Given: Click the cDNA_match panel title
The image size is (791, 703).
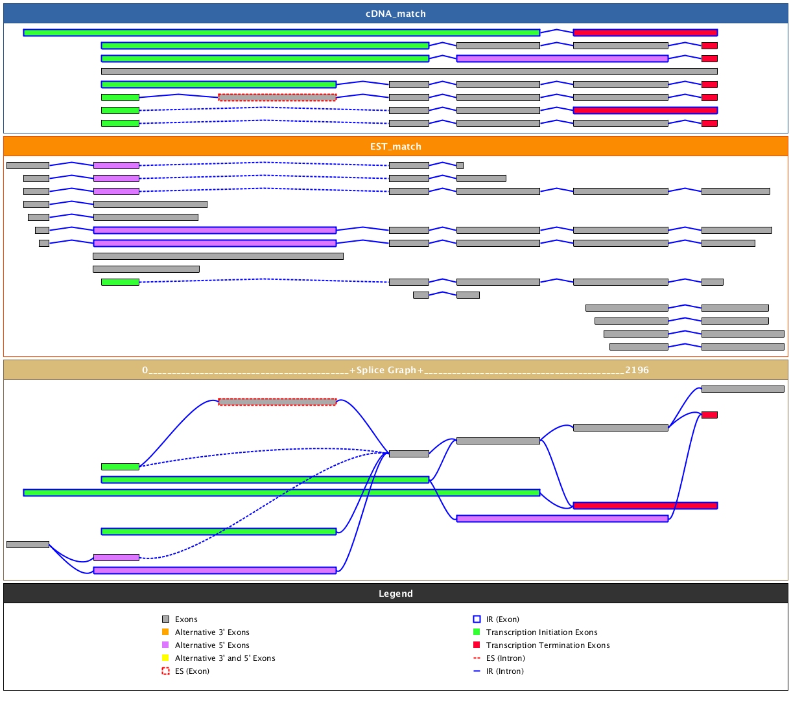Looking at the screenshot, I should click(395, 14).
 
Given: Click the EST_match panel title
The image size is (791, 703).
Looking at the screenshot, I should click(395, 146).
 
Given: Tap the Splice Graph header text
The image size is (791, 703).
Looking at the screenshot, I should click(386, 370).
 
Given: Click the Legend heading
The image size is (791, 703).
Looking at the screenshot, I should click(395, 594).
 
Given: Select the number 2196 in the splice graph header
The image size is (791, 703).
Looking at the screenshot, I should click(637, 370).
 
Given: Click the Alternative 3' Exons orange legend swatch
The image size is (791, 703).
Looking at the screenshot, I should click(165, 632).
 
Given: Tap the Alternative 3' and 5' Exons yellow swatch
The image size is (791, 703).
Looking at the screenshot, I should click(165, 658).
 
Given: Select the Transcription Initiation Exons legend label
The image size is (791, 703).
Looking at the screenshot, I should click(541, 632).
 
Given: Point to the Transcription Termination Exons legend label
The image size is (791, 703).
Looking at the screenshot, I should click(548, 645).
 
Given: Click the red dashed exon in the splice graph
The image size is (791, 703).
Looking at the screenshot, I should click(277, 402).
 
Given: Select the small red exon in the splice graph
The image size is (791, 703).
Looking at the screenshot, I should click(709, 415).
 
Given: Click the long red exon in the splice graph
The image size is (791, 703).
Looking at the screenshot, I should click(645, 505).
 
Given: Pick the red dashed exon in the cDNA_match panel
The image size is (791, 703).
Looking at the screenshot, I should click(277, 97).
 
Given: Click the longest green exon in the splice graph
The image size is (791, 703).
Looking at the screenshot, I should click(281, 492).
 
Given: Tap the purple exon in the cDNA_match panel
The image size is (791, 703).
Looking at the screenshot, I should click(562, 58).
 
